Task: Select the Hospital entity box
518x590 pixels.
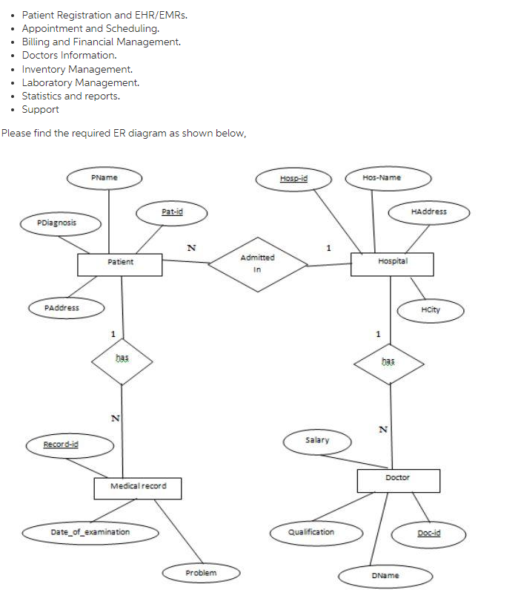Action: pyautogui.click(x=392, y=263)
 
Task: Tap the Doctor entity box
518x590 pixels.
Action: pyautogui.click(x=397, y=479)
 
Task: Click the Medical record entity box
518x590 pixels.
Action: pyautogui.click(x=138, y=488)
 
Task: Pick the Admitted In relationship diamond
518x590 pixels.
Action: pyautogui.click(x=257, y=262)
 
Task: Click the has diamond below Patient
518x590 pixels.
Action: pyautogui.click(x=122, y=363)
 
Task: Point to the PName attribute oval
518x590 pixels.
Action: pyautogui.click(x=104, y=178)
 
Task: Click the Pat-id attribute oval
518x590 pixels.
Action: pyautogui.click(x=172, y=212)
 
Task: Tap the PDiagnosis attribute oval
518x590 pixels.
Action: pyautogui.click(x=57, y=222)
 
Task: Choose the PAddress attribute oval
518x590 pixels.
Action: pyautogui.click(x=62, y=307)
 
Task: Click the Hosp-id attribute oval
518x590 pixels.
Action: pyautogui.click(x=294, y=178)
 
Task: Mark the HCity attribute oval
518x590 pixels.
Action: pyautogui.click(x=431, y=310)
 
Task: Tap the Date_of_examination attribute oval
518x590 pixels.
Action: pyautogui.click(x=90, y=532)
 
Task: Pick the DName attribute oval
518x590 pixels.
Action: pyautogui.click(x=385, y=576)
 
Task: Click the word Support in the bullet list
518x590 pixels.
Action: pyautogui.click(x=40, y=109)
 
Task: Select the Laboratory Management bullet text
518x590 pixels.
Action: pyautogui.click(x=80, y=82)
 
